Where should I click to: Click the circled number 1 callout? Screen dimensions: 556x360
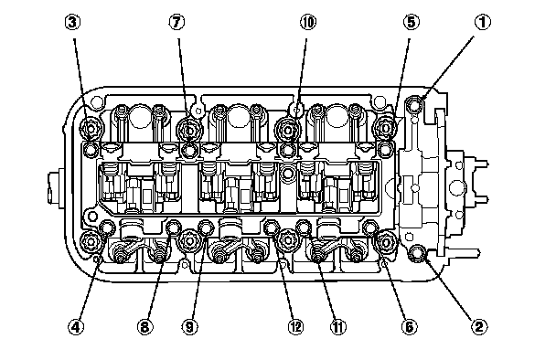coord(482,22)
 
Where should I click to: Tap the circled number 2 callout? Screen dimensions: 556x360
coord(478,326)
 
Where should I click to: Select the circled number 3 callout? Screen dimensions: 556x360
coord(72,22)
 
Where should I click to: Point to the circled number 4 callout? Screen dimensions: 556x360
coord(76,326)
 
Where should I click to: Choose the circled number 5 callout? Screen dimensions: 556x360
coord(411,22)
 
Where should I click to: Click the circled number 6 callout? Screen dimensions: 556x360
coord(409,326)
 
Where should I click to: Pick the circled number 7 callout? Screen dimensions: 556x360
coord(176,22)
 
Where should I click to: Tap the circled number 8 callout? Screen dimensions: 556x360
coord(144,326)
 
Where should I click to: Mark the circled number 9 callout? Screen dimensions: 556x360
coord(189,326)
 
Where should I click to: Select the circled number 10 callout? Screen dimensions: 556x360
coord(308,22)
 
